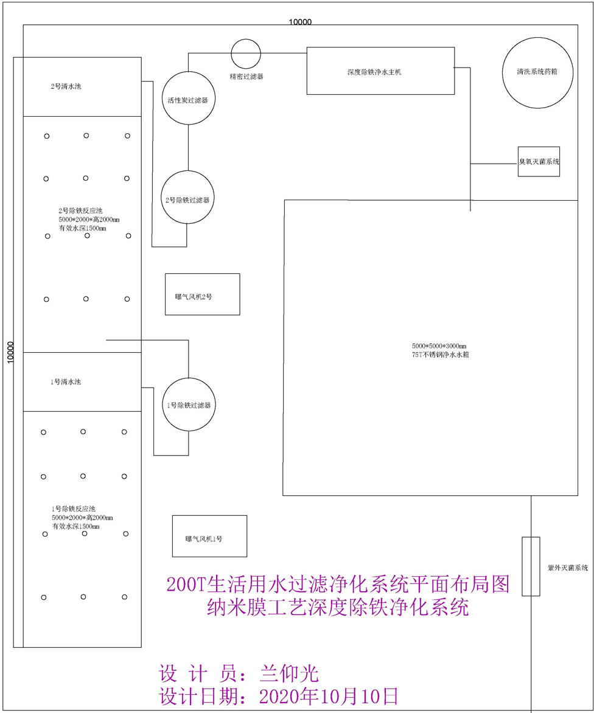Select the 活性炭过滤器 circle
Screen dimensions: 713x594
(187, 99)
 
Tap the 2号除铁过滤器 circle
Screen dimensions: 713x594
(187, 199)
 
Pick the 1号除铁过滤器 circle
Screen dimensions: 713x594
(189, 405)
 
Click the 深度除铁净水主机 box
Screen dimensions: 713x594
(380, 71)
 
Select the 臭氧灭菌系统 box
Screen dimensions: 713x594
(539, 162)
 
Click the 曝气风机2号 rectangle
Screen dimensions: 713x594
(202, 294)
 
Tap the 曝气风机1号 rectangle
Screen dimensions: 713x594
(209, 537)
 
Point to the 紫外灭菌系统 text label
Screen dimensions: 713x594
(567, 568)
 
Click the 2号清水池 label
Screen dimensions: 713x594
(66, 86)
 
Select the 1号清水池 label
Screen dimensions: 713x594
(66, 382)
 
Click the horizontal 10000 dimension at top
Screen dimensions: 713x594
(300, 23)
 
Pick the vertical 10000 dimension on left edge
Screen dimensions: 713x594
(10, 352)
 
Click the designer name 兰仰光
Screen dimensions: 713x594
(289, 673)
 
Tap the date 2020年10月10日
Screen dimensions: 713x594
(329, 696)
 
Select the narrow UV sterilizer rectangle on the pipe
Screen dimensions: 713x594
(531, 566)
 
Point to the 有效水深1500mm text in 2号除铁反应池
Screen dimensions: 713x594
(79, 229)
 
